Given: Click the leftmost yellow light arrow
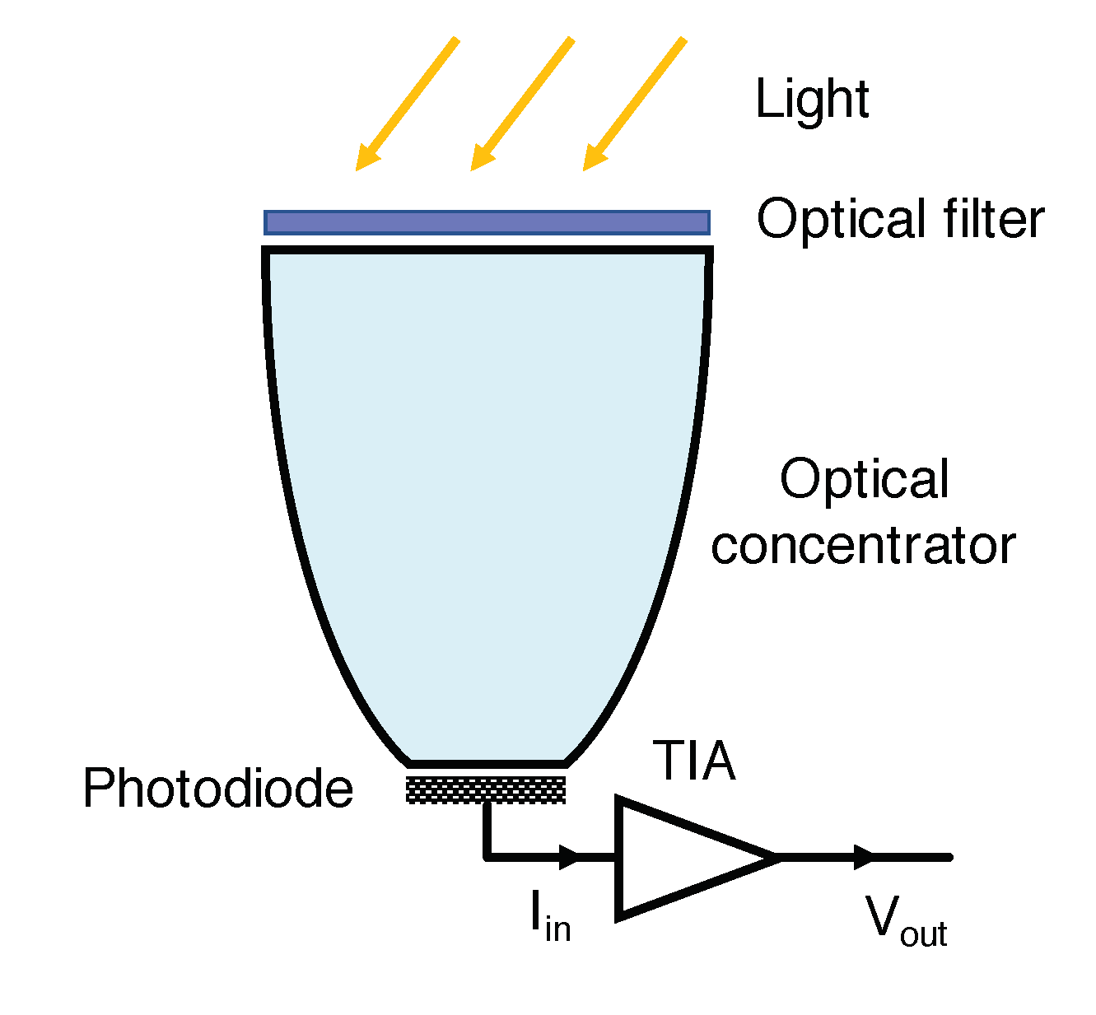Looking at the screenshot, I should (x=407, y=104).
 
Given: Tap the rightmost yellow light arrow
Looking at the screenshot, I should (x=634, y=104).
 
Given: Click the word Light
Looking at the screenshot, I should (x=812, y=100).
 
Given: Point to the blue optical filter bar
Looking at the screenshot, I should (x=487, y=222).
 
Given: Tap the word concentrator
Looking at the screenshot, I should (x=863, y=546).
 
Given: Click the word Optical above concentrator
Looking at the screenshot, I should (x=864, y=480).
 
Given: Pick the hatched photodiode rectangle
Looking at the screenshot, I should (x=487, y=789).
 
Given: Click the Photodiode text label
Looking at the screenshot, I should (x=218, y=789).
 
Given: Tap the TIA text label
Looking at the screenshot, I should (x=693, y=761).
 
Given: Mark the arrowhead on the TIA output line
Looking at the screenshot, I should (x=863, y=858).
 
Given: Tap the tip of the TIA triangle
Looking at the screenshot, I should (x=775, y=858).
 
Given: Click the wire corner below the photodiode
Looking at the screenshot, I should (x=487, y=858).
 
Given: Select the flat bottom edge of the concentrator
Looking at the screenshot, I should (x=487, y=763).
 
